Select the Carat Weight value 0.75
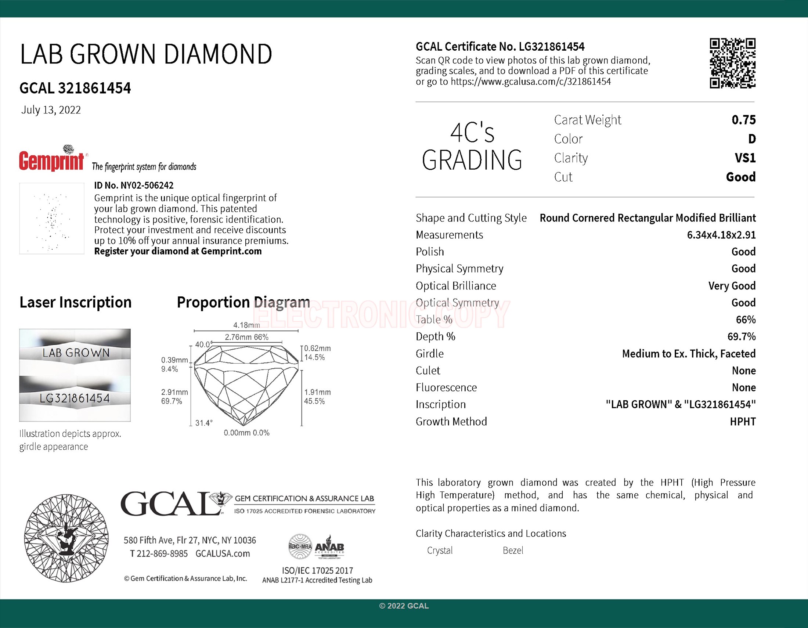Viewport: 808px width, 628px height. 743,120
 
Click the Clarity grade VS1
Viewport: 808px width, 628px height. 745,158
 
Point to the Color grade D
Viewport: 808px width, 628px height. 751,139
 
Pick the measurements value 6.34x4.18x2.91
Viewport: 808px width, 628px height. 721,235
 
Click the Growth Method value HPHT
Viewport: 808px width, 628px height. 743,421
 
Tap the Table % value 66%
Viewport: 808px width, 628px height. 746,320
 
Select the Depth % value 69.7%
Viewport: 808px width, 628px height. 742,336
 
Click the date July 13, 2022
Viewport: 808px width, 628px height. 51,110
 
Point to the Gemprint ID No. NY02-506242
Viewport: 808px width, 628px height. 134,185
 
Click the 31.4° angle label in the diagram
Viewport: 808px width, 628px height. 204,423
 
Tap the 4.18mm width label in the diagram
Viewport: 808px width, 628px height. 246,325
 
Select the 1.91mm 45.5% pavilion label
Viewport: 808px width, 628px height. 317,397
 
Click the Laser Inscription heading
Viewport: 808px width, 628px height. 75,302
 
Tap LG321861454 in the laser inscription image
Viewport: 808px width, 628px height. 75,398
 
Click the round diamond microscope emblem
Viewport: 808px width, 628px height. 66,538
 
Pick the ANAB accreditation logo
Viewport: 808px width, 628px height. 329,546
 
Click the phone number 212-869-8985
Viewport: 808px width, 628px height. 162,554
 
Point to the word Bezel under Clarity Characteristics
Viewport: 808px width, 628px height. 513,551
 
